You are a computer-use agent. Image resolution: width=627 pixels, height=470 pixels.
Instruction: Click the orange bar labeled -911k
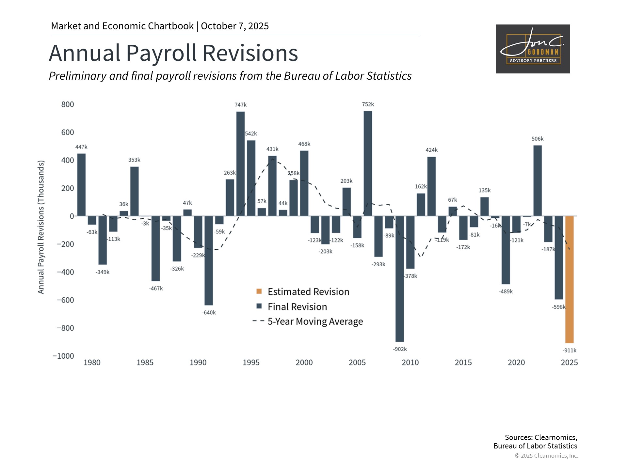pyautogui.click(x=569, y=279)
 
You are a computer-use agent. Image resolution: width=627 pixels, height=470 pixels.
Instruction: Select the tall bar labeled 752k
pyautogui.click(x=368, y=163)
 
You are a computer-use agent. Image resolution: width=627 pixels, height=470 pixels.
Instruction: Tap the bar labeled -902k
pyautogui.click(x=399, y=279)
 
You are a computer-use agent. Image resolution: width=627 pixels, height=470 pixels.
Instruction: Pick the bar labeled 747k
pyautogui.click(x=240, y=164)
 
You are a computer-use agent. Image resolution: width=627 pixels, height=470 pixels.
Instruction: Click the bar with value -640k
pyautogui.click(x=209, y=260)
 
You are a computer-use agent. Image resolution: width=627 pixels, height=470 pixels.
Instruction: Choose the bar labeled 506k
pyautogui.click(x=538, y=180)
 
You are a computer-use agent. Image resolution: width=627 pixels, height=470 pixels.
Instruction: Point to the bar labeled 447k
pyautogui.click(x=81, y=185)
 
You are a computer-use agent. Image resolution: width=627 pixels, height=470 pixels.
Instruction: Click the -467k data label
pyautogui.click(x=156, y=289)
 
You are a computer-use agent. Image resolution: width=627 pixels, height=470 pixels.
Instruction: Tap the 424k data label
pyautogui.click(x=431, y=150)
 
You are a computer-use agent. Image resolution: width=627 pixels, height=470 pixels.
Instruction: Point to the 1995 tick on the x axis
pyautogui.click(x=251, y=363)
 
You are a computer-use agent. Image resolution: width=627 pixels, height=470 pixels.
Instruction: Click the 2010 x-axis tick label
pyautogui.click(x=410, y=363)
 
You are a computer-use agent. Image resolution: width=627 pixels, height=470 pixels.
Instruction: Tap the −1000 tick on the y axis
pyautogui.click(x=63, y=356)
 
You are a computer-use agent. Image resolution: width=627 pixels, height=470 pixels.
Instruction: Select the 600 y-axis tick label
pyautogui.click(x=68, y=133)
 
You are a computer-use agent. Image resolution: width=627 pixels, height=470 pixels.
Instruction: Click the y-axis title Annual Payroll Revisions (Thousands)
pyautogui.click(x=41, y=227)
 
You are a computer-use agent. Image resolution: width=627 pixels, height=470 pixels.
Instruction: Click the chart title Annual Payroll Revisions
pyautogui.click(x=173, y=53)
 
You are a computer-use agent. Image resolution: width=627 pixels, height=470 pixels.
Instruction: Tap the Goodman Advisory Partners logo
pyautogui.click(x=533, y=49)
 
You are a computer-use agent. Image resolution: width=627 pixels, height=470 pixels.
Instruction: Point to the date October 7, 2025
pyautogui.click(x=235, y=26)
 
